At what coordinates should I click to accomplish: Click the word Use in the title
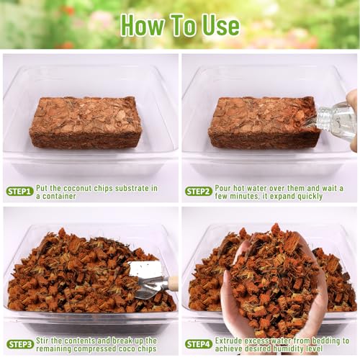(221, 26)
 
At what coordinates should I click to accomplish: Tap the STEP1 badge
(19, 192)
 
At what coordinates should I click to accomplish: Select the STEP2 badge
(199, 192)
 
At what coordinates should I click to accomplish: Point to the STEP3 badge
(19, 344)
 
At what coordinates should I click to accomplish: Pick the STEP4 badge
(199, 344)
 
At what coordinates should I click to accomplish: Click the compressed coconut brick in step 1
(86, 122)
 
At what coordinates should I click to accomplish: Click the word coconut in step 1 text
(77, 189)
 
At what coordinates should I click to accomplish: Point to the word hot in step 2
(239, 188)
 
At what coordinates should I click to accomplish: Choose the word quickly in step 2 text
(310, 197)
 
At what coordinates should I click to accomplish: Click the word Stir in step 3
(42, 341)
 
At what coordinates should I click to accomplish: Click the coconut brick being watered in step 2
(264, 122)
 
